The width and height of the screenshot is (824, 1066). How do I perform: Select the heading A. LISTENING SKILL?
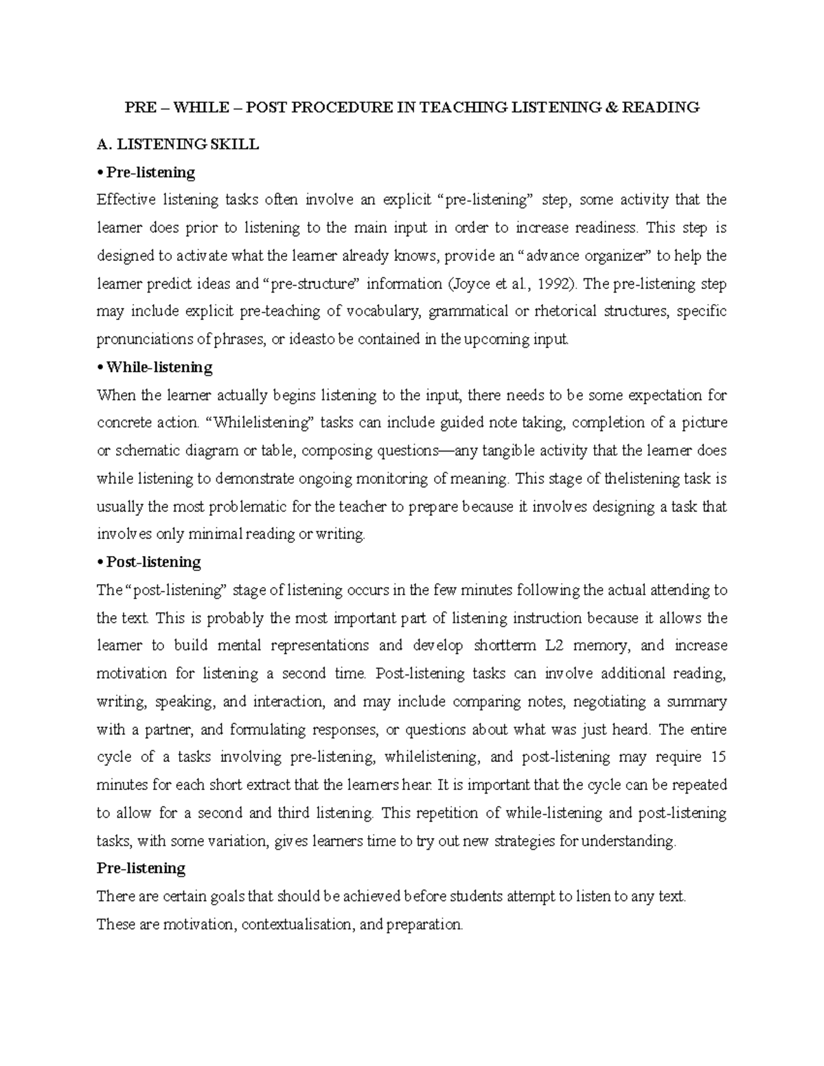point(178,144)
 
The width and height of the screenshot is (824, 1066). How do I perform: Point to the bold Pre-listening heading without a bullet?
point(141,868)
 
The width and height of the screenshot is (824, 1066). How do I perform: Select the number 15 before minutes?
point(718,757)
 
